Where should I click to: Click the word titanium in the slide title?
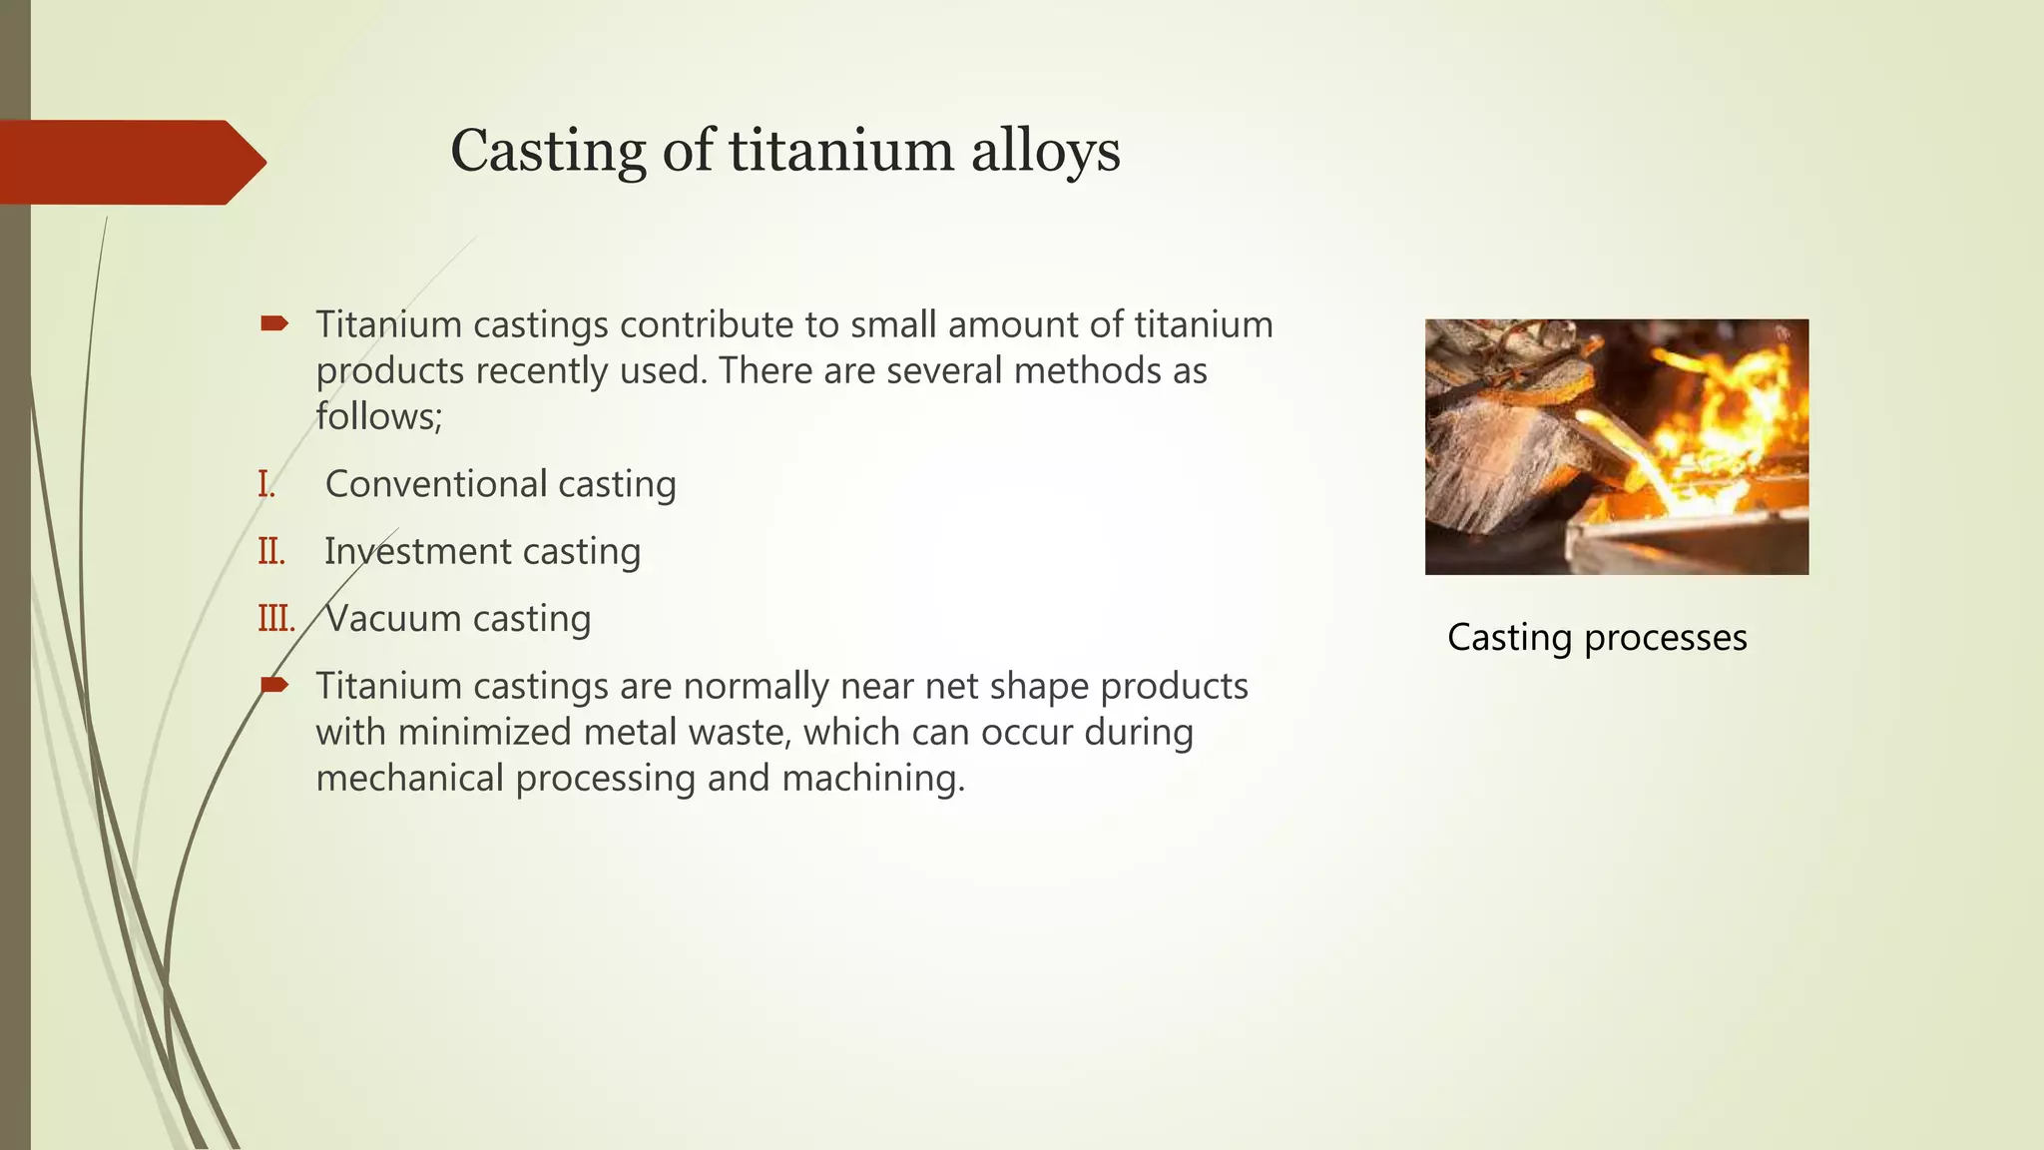pos(841,152)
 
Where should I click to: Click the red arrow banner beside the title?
pos(130,162)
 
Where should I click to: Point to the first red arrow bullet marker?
pos(273,323)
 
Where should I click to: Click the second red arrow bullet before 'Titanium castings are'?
pos(273,685)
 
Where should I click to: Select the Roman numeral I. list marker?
pos(266,484)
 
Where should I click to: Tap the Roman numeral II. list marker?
pos(271,551)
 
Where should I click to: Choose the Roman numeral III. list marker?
pos(276,619)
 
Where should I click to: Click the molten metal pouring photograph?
pos(1616,446)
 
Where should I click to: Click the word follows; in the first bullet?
pos(378,416)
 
